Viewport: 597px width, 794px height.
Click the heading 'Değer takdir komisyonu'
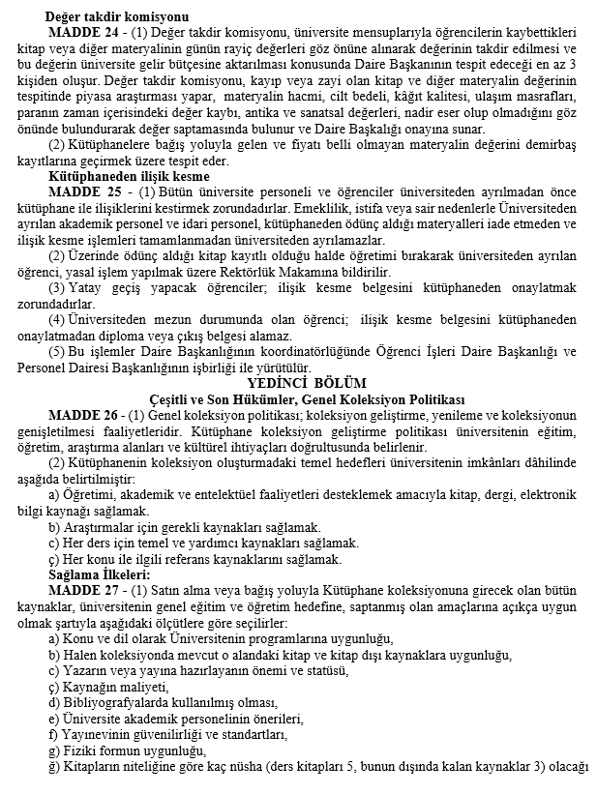[x=117, y=16]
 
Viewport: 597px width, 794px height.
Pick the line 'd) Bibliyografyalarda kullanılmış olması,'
[x=163, y=702]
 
